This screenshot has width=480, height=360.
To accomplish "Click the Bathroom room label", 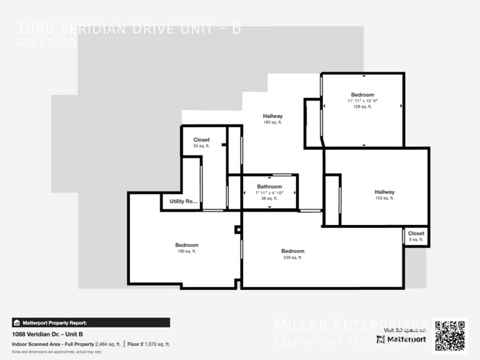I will click(x=269, y=187).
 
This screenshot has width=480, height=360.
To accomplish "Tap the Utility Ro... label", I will click(x=184, y=201).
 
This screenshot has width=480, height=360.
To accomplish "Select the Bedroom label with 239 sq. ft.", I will click(x=292, y=252).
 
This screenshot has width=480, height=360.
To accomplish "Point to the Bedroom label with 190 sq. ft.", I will click(x=186, y=245).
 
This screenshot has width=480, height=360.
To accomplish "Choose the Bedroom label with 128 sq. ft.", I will click(x=363, y=95).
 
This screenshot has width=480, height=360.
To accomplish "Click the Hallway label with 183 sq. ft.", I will click(x=273, y=116).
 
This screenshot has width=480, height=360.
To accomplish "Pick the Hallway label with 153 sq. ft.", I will click(x=384, y=193).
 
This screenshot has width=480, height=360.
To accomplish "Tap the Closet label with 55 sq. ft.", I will click(x=202, y=140).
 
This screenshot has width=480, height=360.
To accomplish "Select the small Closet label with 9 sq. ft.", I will click(x=416, y=233).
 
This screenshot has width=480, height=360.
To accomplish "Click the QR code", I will click(x=450, y=336).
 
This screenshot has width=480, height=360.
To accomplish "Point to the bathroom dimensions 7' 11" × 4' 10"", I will click(x=269, y=193).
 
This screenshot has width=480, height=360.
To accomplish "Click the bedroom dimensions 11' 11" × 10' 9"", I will click(x=363, y=101).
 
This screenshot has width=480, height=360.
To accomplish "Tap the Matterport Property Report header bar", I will click(x=91, y=322).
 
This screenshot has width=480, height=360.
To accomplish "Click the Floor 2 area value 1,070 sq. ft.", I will click(x=157, y=344).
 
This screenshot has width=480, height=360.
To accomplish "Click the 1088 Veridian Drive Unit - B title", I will click(x=128, y=29).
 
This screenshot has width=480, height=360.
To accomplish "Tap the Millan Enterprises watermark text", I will click(x=350, y=323).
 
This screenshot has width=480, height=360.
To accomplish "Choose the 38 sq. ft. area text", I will click(x=269, y=198).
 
